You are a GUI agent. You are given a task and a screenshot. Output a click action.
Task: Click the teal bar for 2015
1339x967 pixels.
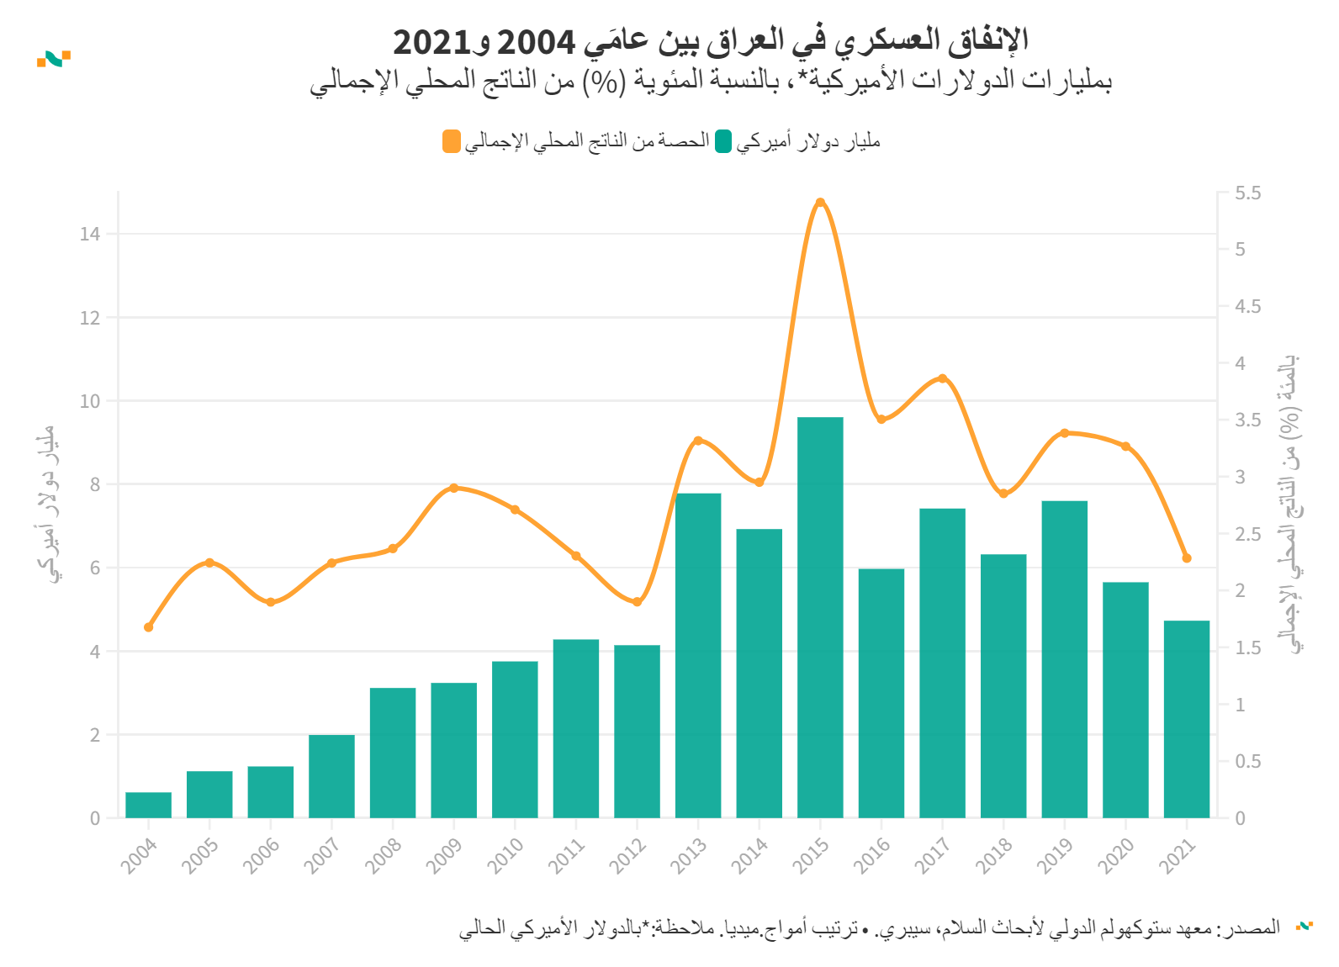pos(820,617)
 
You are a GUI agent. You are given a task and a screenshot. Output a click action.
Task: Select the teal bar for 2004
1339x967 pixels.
pos(149,805)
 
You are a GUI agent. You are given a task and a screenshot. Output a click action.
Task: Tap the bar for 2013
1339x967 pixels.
pos(698,655)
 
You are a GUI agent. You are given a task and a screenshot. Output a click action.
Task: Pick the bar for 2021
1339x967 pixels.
pos(1187,719)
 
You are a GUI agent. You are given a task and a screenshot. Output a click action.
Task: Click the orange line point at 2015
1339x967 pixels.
pos(820,203)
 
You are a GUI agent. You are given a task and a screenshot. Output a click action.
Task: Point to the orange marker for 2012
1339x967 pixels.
pos(637,602)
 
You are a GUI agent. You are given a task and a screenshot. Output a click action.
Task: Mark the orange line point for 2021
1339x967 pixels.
pos(1187,558)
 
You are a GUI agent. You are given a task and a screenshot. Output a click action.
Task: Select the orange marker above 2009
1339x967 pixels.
pos(453,488)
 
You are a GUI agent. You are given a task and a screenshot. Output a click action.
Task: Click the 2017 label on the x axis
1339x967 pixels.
pos(933,856)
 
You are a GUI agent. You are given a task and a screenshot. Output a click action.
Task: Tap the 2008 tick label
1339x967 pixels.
pos(384,856)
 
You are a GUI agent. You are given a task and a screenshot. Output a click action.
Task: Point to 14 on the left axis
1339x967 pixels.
pos(90,235)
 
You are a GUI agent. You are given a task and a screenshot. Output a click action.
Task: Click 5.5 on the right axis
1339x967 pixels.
pos(1248,193)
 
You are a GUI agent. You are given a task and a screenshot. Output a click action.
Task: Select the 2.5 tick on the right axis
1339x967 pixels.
pos(1248,534)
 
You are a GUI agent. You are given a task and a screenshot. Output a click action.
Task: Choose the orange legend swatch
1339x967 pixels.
pos(452,141)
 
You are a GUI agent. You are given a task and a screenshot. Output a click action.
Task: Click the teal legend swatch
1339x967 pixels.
pos(723,141)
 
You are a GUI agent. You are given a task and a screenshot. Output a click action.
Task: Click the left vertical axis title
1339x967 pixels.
pos(47,505)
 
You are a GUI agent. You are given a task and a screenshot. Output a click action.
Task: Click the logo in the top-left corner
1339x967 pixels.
pos(54,59)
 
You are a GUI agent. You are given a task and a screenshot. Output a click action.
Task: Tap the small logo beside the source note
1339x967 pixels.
pos(1305,926)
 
